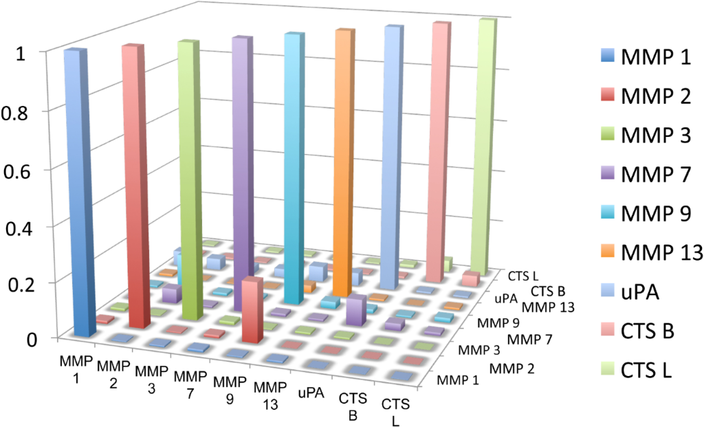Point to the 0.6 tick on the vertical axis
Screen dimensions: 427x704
coord(27,169)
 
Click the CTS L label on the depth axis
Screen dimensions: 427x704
coord(522,278)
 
